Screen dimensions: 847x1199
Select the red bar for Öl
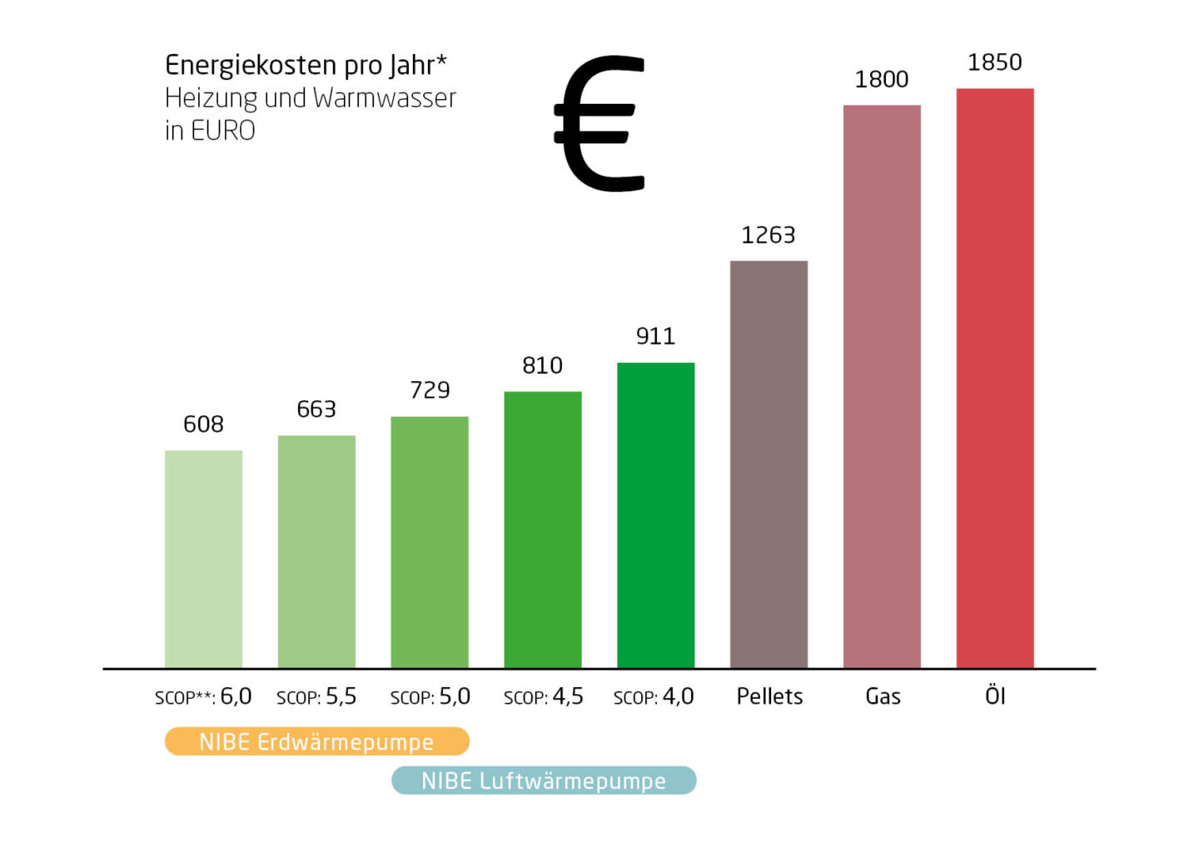[995, 379]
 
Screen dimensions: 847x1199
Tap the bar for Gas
[882, 387]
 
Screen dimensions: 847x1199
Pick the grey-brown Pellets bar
[769, 464]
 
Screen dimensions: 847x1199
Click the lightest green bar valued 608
[203, 559]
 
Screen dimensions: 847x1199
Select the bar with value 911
[655, 515]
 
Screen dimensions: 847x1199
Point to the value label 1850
[994, 62]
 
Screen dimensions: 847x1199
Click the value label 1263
[768, 235]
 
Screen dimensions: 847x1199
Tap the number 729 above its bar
[430, 390]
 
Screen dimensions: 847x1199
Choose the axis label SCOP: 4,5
[543, 696]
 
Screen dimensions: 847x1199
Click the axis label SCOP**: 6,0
[203, 696]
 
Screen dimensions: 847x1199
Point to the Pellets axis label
[769, 696]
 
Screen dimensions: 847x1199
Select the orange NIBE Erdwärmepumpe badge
[316, 741]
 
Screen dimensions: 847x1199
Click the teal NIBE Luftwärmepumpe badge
[544, 780]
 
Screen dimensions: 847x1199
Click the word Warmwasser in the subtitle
[385, 98]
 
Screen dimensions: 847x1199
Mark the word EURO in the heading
[222, 131]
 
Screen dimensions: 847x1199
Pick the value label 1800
[881, 80]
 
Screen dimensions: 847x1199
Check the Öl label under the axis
[995, 696]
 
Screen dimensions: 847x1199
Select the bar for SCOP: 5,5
[316, 552]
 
